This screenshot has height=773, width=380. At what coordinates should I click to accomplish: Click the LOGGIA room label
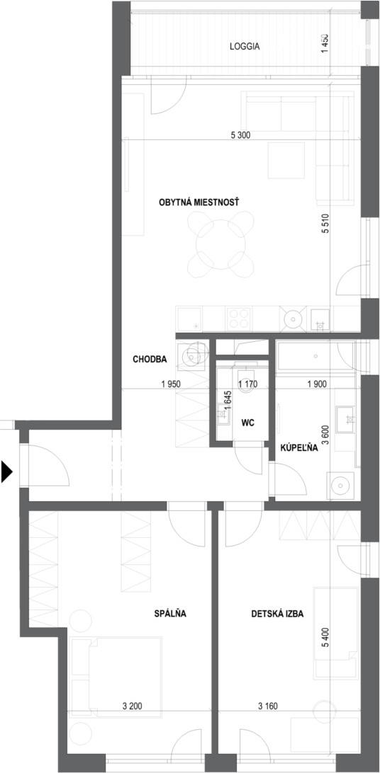pos(245,47)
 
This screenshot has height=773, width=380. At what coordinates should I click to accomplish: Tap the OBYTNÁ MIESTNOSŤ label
pos(199,202)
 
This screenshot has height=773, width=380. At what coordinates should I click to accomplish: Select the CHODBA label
pos(150,360)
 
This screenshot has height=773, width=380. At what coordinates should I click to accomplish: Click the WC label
pos(247,422)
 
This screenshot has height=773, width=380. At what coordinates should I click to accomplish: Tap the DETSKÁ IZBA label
pos(277,614)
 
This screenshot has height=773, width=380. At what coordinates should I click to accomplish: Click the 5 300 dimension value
pos(240,135)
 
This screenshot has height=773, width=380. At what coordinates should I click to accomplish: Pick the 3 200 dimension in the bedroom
pos(132,706)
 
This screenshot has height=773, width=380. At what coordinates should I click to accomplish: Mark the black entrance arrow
pos(6,471)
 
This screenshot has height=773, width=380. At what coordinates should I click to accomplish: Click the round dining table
pos(220,244)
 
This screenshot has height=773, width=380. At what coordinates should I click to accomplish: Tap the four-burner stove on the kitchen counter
pos(238,318)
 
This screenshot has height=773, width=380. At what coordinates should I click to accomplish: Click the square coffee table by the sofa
pos(286,160)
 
